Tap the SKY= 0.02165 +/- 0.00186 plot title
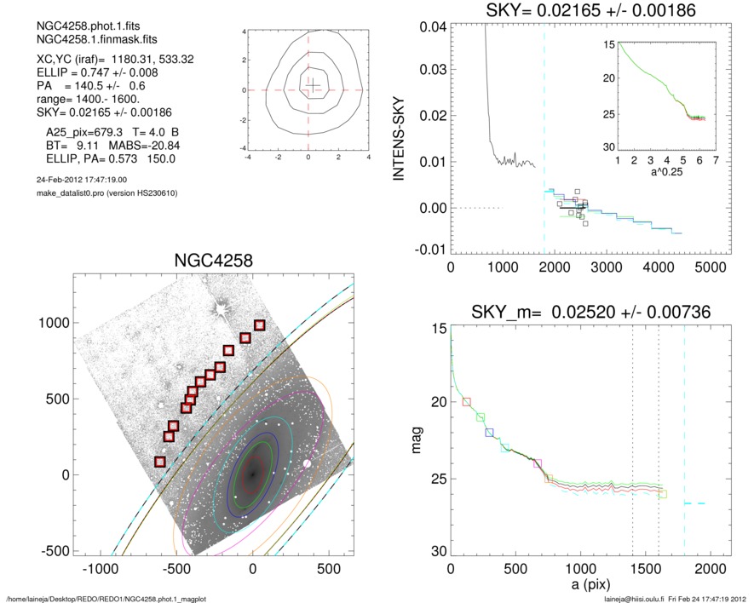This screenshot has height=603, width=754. pos(579,10)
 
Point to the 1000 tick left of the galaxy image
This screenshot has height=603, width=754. pos(54,323)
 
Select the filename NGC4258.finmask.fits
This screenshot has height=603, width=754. pos(82,40)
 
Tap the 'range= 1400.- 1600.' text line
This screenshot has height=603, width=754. pos(80,100)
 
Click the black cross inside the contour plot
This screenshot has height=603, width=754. pos(313,83)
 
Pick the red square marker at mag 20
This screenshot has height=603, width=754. pos(466,401)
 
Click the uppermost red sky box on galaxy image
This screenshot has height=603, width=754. pos(260,325)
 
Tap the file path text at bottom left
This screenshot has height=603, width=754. pos(106,599)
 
